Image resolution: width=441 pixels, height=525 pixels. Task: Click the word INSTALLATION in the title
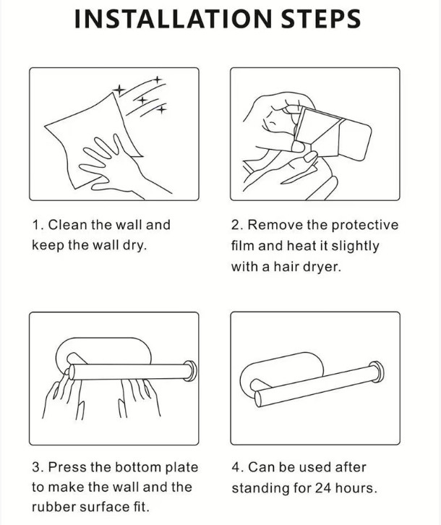coord(173,19)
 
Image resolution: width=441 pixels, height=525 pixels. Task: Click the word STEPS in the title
coord(320,19)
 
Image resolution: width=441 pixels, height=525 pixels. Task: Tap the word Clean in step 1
coord(67,225)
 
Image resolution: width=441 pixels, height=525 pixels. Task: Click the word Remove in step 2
coord(275,225)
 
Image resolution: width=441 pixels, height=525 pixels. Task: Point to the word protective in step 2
coord(365,226)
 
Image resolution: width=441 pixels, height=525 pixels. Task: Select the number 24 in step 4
coord(323,488)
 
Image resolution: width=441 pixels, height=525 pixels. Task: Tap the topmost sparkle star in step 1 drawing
coord(158,80)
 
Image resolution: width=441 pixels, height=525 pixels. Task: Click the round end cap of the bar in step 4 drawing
coord(377,372)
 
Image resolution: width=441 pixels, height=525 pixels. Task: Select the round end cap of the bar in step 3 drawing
coord(190,371)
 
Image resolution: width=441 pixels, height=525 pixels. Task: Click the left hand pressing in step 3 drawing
coord(63,395)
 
